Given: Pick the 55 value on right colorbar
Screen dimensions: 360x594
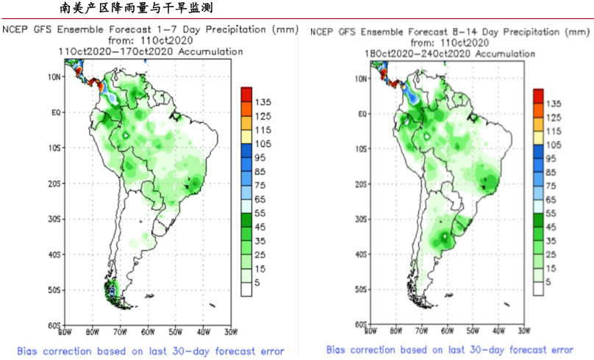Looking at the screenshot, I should tap(554, 213).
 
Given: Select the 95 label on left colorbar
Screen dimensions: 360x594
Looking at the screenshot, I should tap(260, 157).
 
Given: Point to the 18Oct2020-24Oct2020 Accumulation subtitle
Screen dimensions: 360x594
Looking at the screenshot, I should tap(451, 54).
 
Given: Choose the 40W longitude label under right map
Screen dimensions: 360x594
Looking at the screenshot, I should tap(499, 332).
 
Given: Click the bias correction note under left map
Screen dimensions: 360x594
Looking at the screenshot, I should tap(151, 350).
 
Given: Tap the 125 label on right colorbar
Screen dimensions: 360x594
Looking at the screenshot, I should tap(554, 117).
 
